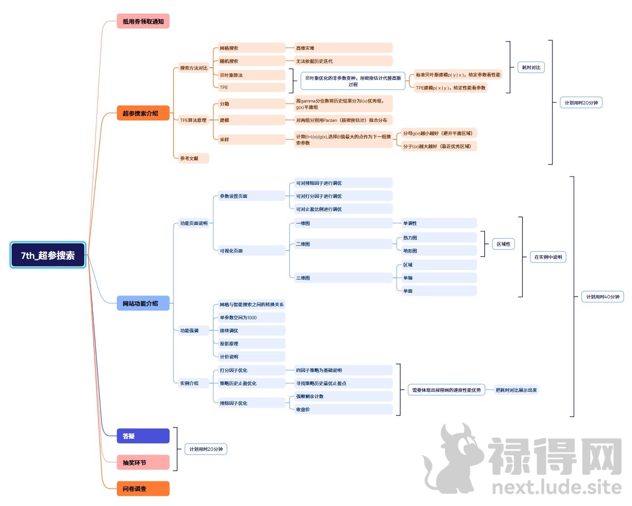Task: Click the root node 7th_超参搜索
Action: tap(48, 255)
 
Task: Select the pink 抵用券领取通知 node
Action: tap(143, 21)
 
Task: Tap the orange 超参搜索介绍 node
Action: tap(143, 113)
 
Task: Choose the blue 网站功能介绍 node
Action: tap(143, 303)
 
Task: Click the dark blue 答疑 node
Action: tap(143, 436)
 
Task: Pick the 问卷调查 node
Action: tap(143, 489)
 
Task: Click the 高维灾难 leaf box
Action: tap(343, 48)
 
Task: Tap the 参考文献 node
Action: tap(193, 158)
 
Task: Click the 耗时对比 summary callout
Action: tap(531, 67)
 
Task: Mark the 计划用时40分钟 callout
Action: tap(602, 297)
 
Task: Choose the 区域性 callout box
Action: tap(503, 244)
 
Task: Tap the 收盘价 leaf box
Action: tap(343, 409)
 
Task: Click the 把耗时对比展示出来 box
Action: tap(516, 390)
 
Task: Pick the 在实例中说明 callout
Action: tap(548, 257)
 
